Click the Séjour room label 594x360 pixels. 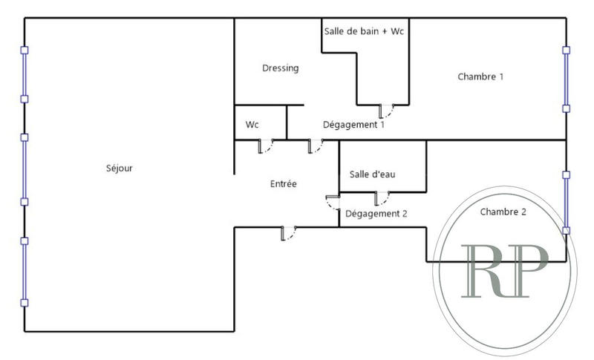point(120,168)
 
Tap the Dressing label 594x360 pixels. point(280,68)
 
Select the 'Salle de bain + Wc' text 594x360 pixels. point(365,31)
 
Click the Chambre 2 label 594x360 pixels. point(503,212)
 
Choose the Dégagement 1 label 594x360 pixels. point(353,125)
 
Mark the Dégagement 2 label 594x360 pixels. point(377,213)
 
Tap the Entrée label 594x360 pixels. point(283,183)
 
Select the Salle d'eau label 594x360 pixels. point(372,174)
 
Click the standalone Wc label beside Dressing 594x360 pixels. point(252,125)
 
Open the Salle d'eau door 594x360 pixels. point(383,198)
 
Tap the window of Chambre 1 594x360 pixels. point(566,79)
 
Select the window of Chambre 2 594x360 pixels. point(566,203)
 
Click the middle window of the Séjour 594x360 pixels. point(25,169)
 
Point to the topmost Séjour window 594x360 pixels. point(25,74)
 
